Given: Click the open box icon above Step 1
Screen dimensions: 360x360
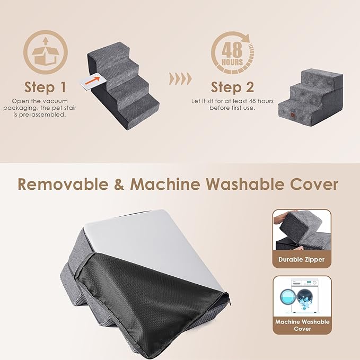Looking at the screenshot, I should click(46, 54).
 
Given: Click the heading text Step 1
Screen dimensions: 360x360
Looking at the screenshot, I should click(46, 87).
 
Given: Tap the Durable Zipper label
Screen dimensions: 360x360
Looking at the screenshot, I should click(302, 259).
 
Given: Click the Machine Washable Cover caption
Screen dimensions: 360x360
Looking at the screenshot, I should click(302, 325).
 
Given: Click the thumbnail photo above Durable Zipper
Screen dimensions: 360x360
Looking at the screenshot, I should click(302, 231).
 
